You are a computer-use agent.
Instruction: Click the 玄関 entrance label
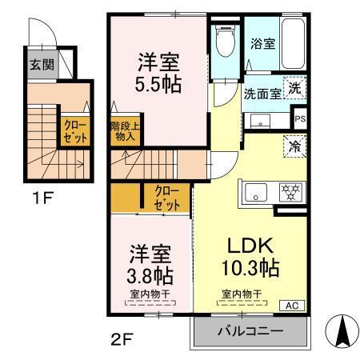point(42,65)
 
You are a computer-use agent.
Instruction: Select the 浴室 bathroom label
point(262,44)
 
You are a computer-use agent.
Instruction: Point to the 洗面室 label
point(262,93)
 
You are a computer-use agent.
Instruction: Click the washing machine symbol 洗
point(295,90)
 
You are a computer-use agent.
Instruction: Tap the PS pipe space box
point(300,119)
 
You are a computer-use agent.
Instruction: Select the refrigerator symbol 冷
point(294,146)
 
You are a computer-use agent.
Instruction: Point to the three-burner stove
point(288,192)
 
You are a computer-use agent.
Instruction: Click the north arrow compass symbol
point(342,330)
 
